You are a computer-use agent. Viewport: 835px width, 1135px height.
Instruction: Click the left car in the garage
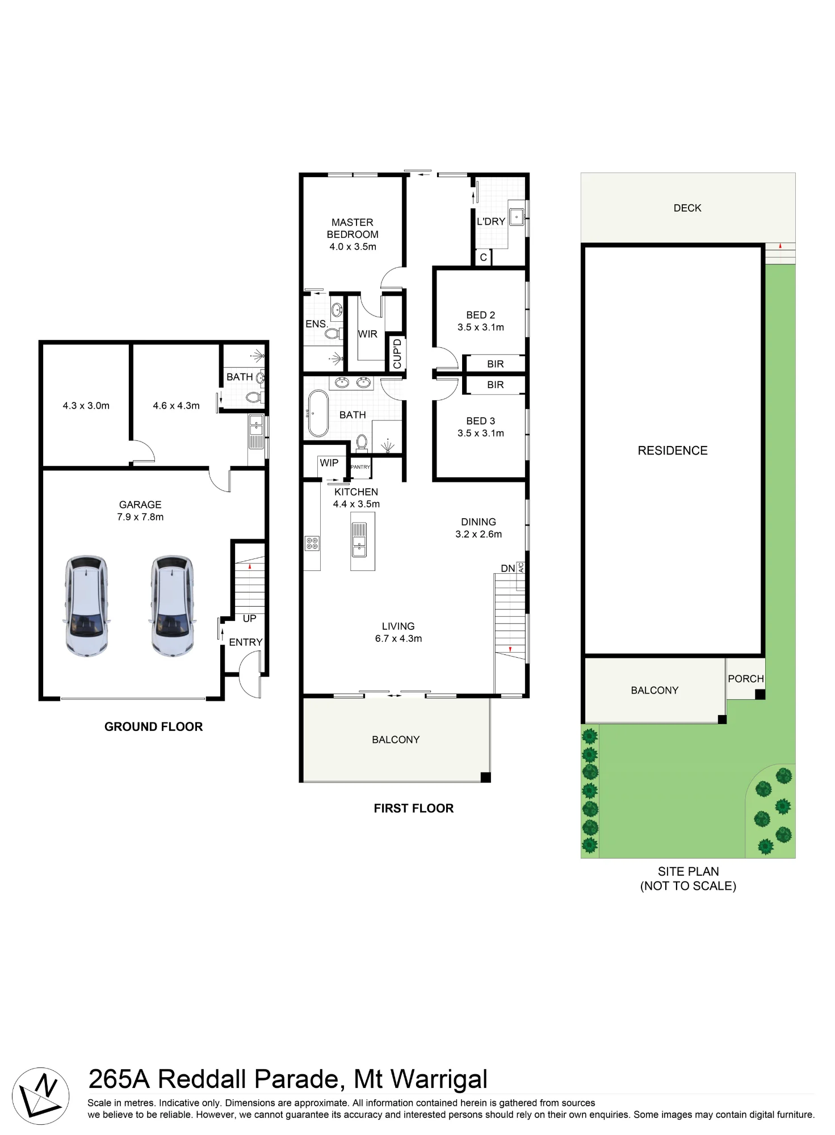click(86, 606)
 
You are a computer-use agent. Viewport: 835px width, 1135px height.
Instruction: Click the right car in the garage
click(173, 606)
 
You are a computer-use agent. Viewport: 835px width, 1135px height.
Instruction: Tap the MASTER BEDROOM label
click(353, 228)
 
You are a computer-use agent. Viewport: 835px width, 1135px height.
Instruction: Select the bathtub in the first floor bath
click(317, 413)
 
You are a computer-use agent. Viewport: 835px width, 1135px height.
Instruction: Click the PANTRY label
click(360, 467)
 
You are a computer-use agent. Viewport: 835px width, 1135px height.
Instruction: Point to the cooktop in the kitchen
click(312, 544)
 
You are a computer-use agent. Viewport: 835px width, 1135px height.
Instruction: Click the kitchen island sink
click(360, 540)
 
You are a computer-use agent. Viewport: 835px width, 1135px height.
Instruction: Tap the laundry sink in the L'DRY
click(517, 217)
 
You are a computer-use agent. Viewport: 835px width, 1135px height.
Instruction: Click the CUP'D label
click(397, 354)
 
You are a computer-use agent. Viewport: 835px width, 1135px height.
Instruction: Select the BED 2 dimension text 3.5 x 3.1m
click(481, 327)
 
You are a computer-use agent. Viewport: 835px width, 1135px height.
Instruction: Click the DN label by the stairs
click(508, 568)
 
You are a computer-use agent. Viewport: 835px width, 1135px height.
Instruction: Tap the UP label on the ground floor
click(250, 619)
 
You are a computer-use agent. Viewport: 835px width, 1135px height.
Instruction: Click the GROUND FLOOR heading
click(153, 727)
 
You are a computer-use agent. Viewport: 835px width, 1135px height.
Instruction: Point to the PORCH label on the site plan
click(746, 679)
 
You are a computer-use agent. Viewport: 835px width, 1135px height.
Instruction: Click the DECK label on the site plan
click(687, 208)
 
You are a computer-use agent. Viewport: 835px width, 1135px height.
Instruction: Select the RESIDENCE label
click(673, 451)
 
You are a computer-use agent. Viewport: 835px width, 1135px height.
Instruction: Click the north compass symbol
click(41, 1096)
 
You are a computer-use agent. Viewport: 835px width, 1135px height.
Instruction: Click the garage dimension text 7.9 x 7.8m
click(140, 517)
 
